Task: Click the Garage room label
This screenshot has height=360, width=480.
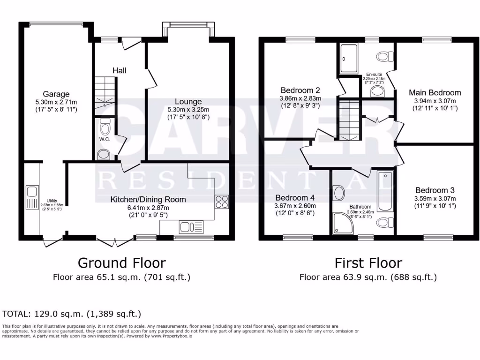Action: coord(52,94)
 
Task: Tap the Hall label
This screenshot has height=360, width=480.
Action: coord(119,70)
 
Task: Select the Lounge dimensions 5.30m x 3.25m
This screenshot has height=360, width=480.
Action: coord(188,109)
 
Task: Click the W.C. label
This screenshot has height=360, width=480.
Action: coord(104,139)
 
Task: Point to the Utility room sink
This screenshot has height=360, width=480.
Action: coord(32,191)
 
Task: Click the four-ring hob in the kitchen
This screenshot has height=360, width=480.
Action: coord(221,202)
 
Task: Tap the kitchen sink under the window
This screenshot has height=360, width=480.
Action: coord(191,227)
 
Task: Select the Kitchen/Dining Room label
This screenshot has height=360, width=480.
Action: coord(148,199)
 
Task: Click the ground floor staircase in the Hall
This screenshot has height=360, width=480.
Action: coord(105,93)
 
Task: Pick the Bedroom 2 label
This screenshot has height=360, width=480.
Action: coord(300,90)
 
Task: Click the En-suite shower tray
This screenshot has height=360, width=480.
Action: coord(348,59)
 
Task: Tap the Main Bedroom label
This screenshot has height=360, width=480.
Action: coord(435,92)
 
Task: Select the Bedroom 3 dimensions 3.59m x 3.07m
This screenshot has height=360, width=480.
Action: coord(435,198)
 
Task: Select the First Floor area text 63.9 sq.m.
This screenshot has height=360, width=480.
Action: coord(368,277)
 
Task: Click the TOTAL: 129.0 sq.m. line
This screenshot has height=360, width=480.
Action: coord(72,314)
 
